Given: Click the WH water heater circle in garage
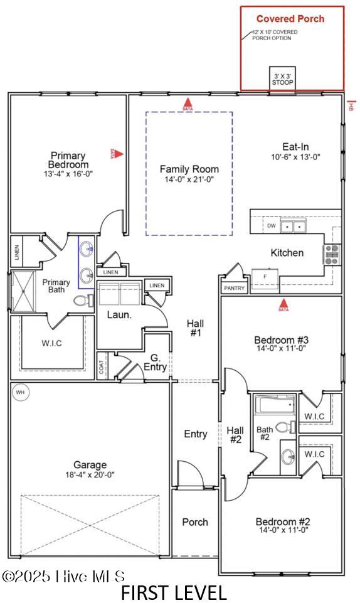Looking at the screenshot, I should pos(19,392).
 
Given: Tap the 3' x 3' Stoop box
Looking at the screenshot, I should pos(282,78).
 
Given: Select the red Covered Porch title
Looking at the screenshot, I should pos(290,19).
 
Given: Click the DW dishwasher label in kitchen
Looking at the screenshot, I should pos(271,226).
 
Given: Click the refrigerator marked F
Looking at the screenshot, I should pos(265,277).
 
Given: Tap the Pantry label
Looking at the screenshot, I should pos(233,288).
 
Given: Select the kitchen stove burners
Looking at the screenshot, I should pos(331,254).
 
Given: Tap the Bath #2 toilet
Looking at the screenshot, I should pos(284,428).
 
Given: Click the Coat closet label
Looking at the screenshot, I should pos(102,366).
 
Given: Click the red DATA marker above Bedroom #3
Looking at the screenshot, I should pos(283,306).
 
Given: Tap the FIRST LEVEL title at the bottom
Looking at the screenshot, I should pos(174,592).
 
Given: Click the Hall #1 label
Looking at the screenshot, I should pos(195,328).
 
